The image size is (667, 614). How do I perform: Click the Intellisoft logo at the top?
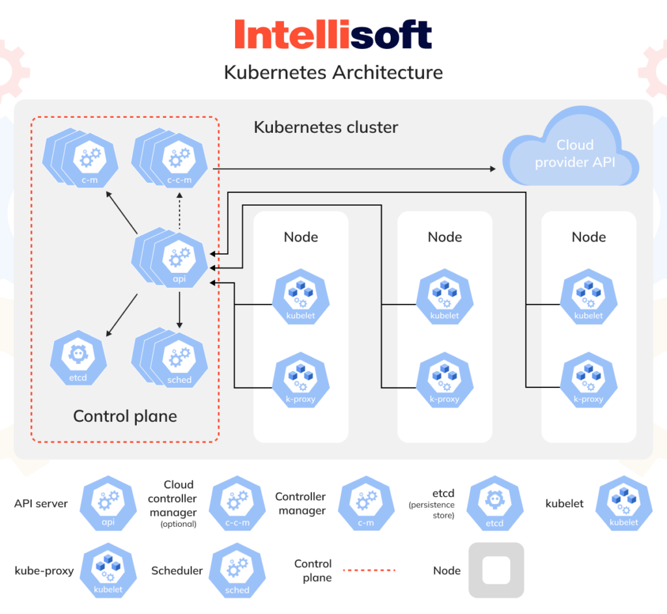[333, 35]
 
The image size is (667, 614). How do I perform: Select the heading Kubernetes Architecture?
[333, 72]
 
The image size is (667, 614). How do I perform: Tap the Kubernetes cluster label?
[326, 126]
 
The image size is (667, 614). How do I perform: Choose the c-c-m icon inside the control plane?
[177, 161]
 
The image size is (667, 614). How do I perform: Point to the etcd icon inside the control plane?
[78, 357]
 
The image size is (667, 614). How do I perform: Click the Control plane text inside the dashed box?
[124, 416]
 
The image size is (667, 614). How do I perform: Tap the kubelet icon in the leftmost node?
[300, 296]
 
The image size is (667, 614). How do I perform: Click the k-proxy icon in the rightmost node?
[588, 380]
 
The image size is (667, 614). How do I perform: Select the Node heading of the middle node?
[445, 237]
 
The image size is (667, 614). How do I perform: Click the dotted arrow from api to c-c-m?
[179, 212]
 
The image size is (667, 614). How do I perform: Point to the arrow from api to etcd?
[122, 315]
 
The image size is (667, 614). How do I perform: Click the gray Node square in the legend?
[496, 570]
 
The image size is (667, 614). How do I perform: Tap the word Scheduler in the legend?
[177, 570]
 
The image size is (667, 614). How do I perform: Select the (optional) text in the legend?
[178, 524]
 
